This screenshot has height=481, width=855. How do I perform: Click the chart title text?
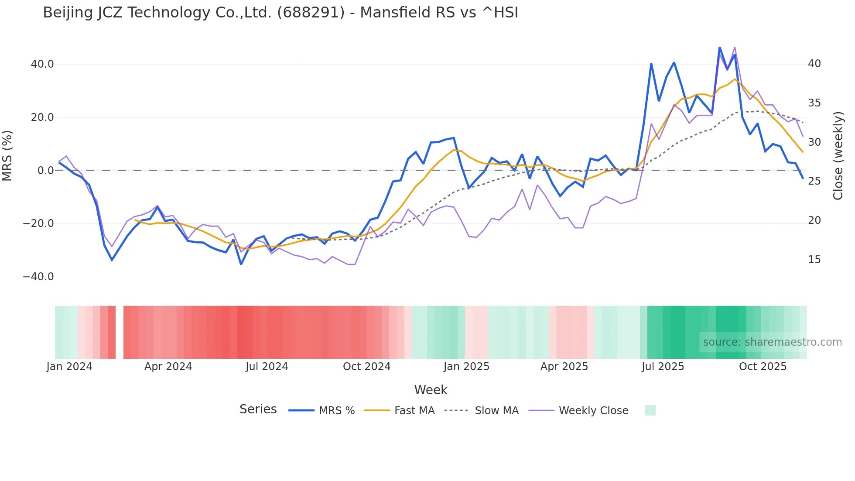pos(280,13)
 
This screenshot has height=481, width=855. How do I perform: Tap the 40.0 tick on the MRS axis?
pos(42,64)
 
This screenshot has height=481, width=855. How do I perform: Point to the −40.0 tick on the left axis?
pos(38,277)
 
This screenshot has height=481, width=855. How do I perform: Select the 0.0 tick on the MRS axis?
pos(45,171)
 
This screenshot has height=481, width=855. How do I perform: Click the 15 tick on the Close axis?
pos(814,260)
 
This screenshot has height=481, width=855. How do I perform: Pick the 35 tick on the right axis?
pos(814,103)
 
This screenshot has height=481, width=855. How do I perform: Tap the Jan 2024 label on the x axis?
pos(69,367)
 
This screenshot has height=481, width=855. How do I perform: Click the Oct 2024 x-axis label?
pos(366,367)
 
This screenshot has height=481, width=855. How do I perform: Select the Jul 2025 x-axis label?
pos(663,367)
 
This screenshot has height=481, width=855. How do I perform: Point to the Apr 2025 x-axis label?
pos(564,367)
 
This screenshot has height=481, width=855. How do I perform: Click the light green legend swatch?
pos(650,410)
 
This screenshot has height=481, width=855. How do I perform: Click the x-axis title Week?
pos(431,390)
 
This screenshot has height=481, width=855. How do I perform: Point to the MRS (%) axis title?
pos(7,155)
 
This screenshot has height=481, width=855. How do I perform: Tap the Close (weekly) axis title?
pos(838,155)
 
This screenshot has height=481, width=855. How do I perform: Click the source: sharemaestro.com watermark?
pos(772,342)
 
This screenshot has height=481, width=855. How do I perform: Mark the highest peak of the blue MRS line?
pos(719,48)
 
